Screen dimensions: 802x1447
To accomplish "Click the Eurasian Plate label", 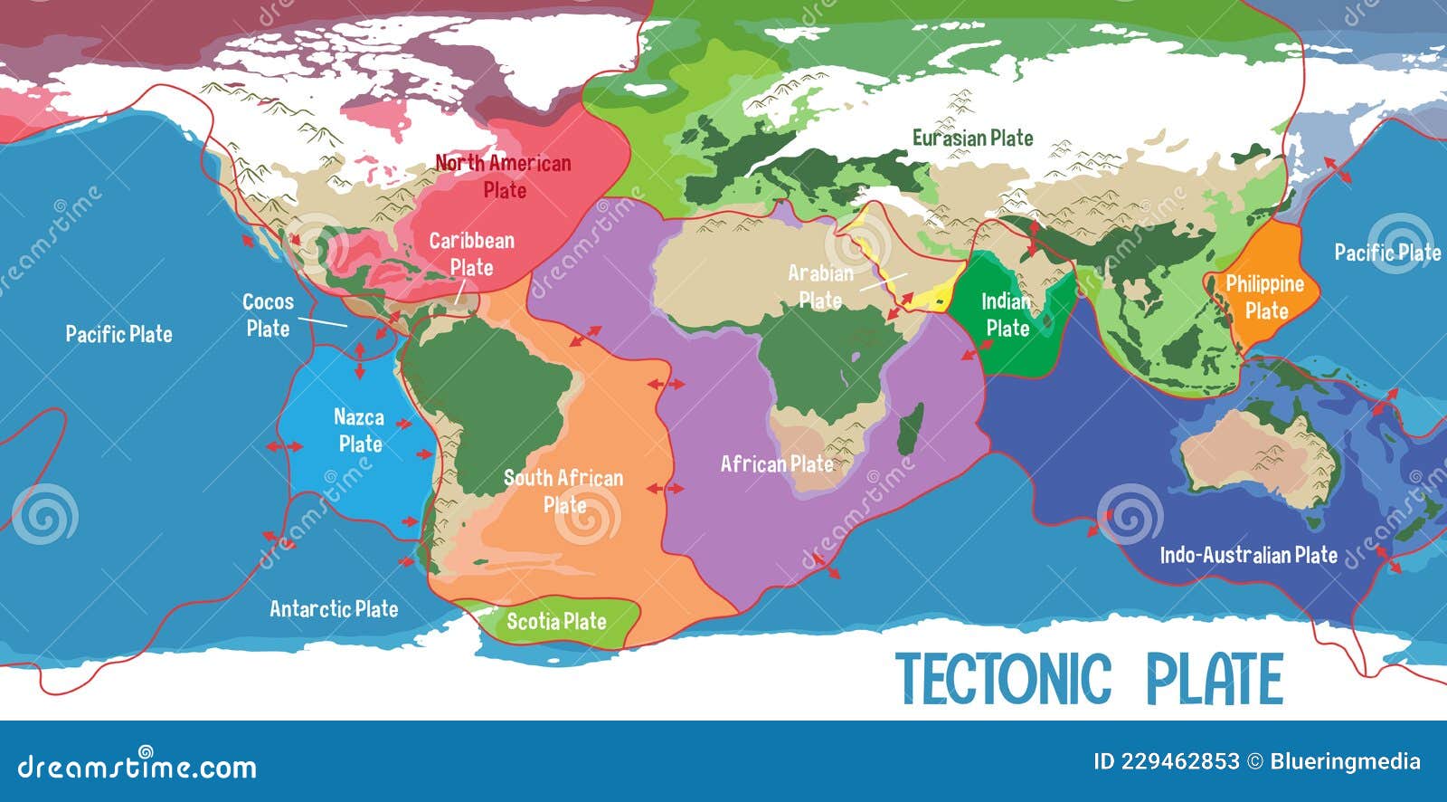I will pos(972,138).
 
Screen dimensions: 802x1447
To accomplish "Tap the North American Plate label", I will pos(504,177).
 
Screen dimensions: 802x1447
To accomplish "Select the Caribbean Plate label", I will pos(471,253).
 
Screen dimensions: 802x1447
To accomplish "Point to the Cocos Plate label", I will pos(269,315).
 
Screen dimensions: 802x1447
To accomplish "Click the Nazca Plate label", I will pos(359,430).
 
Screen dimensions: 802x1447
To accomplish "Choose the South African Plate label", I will pos(563,491).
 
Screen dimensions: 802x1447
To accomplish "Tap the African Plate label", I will pos(776,464).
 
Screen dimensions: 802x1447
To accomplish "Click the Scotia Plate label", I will pos(555,621).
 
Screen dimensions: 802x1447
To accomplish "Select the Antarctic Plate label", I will pos(334,608).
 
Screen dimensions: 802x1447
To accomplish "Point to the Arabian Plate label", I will pos(820,286).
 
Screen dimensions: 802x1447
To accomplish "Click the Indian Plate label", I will pos(1007,314).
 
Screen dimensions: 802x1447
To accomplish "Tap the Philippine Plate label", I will pos(1264,297).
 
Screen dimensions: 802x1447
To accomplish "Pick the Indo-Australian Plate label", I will pos(1248,554).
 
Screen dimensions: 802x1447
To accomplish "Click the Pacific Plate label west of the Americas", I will pos(118,334).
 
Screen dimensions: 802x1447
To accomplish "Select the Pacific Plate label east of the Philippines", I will pos(1387,253).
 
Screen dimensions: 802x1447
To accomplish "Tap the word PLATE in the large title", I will pos(1215,679).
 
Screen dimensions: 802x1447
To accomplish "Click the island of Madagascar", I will pos(912,429).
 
